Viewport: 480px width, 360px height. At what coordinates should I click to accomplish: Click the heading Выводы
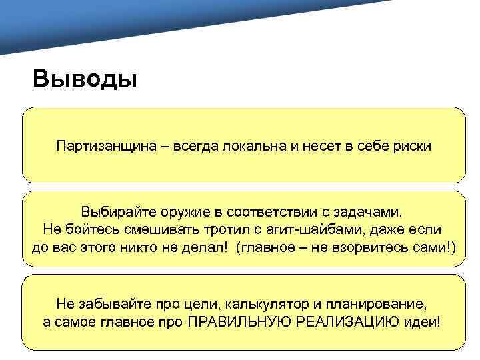pyautogui.click(x=85, y=79)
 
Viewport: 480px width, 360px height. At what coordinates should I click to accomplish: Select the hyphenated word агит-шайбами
pyautogui.click(x=304, y=230)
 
